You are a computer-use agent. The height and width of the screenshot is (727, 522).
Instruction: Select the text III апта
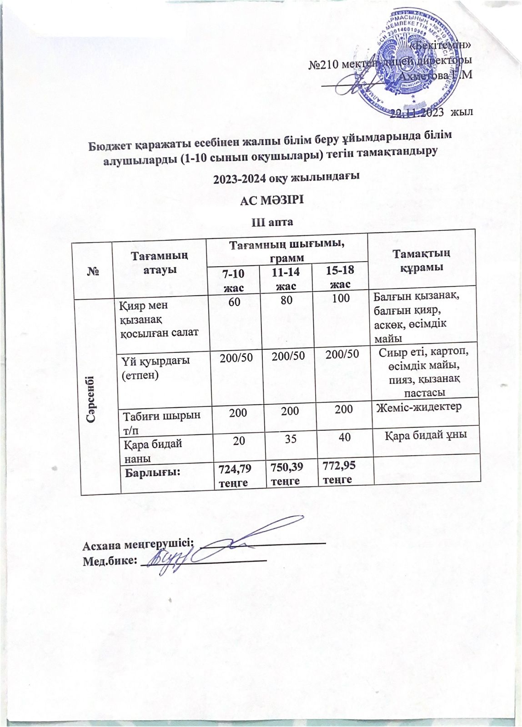tap(271, 222)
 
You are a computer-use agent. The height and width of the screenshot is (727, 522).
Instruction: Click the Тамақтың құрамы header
tap(421, 261)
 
